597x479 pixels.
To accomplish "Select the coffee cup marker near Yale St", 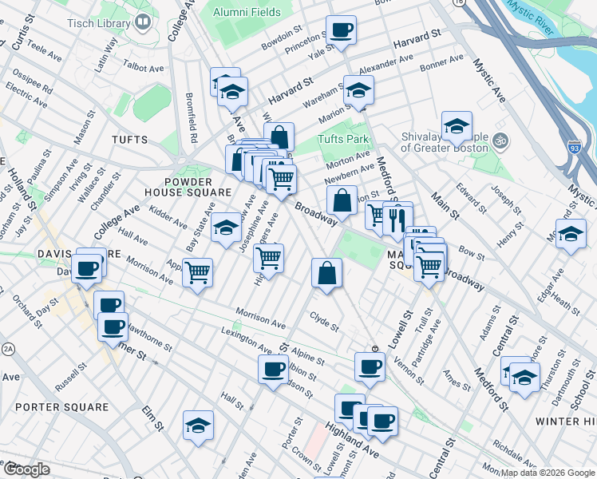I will [x=341, y=31].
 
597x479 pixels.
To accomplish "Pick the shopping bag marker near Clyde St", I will [x=326, y=274].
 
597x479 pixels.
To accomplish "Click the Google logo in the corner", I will [x=26, y=469].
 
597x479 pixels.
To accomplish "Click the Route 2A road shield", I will [x=9, y=349].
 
